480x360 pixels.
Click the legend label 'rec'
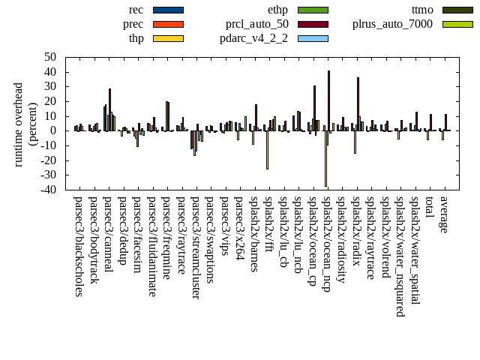tap(136, 10)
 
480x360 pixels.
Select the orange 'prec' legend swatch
tap(168, 24)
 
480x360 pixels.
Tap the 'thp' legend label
tap(136, 38)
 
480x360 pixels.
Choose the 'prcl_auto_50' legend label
tap(257, 24)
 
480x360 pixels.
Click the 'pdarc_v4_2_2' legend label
tap(253, 38)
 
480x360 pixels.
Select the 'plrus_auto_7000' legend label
tap(392, 24)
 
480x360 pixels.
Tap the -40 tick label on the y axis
tap(48, 190)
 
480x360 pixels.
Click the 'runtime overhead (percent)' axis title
tap(25, 124)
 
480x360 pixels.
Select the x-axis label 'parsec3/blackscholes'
tap(78, 246)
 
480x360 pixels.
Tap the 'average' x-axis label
tap(444, 214)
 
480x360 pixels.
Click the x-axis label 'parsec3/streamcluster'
tap(195, 247)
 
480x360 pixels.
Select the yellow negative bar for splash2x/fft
tap(267, 150)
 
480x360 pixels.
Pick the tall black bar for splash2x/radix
tap(358, 104)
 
